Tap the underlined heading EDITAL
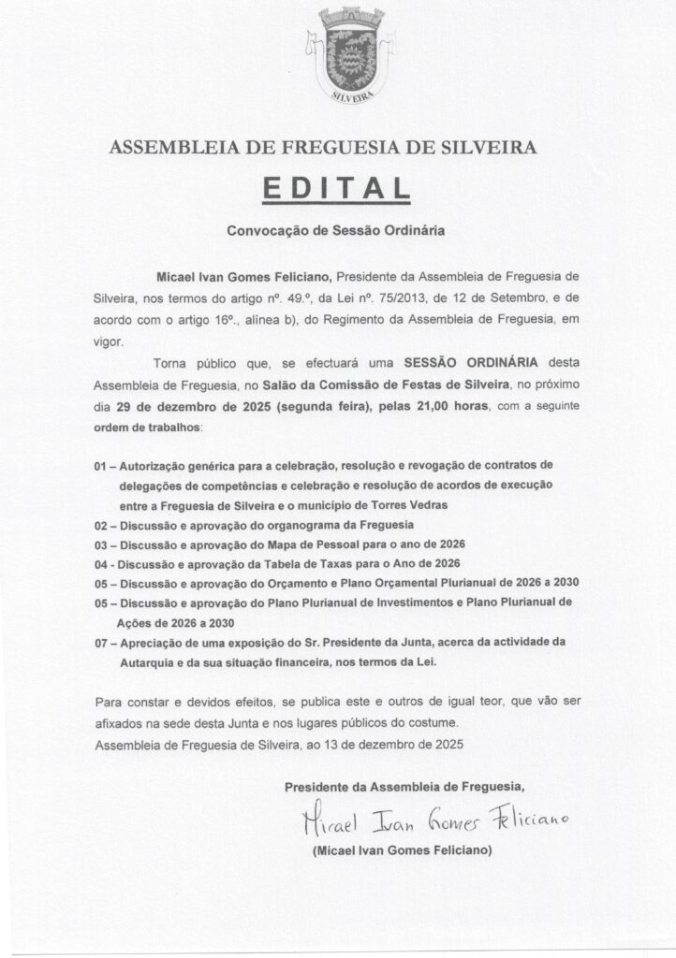click(338, 186)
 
